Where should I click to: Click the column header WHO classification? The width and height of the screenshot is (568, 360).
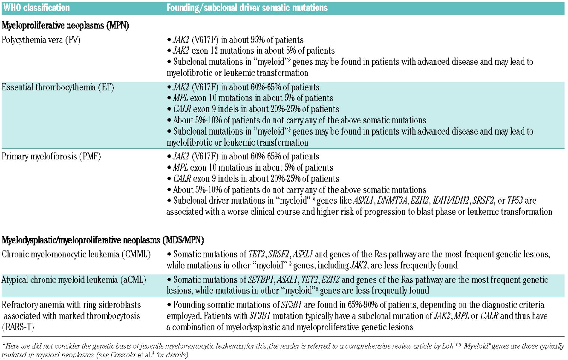tap(36, 8)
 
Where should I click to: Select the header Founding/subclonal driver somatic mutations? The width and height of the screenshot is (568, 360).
tap(247, 8)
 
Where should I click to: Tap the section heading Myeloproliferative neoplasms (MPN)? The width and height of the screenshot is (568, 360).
tap(65, 25)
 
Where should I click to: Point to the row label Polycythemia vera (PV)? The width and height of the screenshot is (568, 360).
tap(41, 40)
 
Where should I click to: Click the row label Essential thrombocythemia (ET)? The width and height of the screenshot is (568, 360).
tap(58, 87)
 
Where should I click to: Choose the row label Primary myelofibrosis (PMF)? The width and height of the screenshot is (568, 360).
tap(51, 157)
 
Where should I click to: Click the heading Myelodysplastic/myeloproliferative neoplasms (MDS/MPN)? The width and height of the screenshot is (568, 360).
tap(103, 240)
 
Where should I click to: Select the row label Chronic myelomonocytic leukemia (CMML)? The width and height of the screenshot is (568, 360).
tap(76, 255)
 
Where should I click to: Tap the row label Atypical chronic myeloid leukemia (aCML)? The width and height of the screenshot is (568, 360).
tap(74, 280)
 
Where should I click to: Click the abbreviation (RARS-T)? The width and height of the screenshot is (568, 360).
tap(18, 327)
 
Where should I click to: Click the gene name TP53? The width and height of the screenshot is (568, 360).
tap(515, 201)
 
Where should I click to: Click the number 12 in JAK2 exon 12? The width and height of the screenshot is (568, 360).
tap(214, 51)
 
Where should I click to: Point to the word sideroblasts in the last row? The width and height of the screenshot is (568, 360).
tap(120, 305)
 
